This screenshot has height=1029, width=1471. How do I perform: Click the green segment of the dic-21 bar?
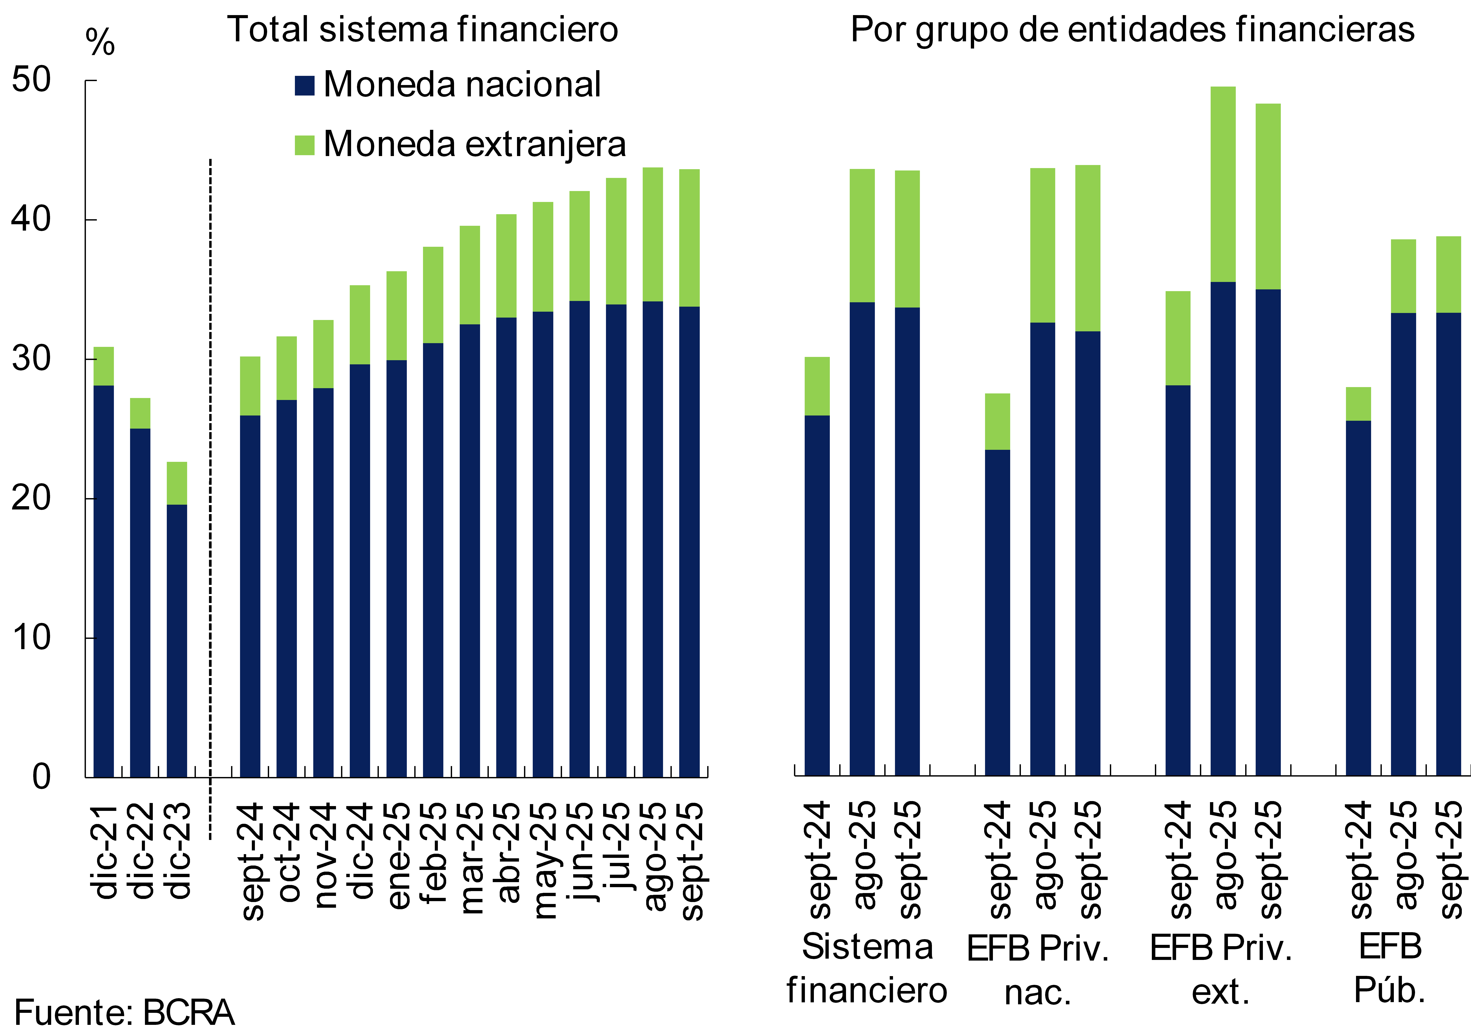[x=104, y=366]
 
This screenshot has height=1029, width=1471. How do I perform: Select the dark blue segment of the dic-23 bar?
[x=177, y=641]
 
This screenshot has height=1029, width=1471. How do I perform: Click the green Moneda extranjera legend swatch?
[x=304, y=145]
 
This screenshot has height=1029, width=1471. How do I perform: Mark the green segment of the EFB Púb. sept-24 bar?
[x=1358, y=404]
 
